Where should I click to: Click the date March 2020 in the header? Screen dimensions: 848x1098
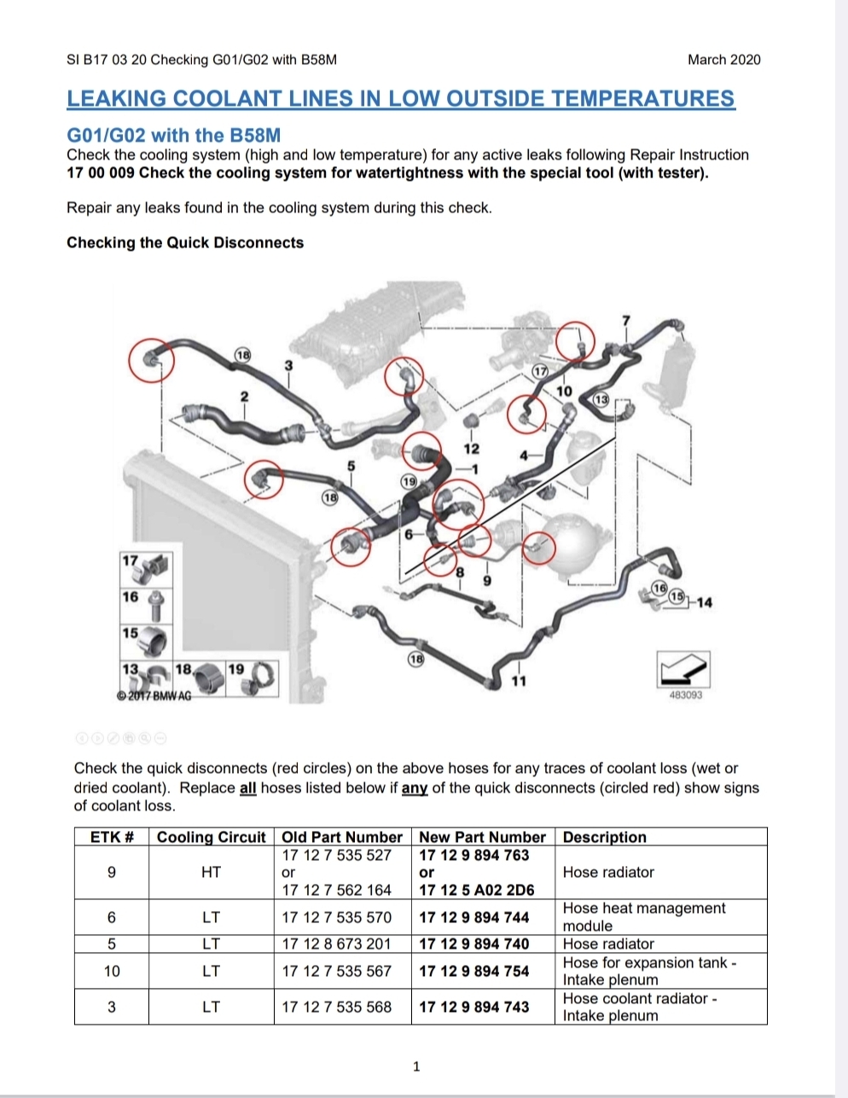tap(723, 60)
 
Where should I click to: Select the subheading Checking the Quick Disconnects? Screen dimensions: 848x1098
tap(185, 242)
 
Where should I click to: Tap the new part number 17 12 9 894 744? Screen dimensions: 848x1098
tap(473, 917)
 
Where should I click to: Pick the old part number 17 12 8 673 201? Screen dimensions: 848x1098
tap(336, 944)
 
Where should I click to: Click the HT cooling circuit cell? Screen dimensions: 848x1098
tap(211, 872)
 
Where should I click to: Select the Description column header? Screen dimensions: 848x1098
tap(605, 837)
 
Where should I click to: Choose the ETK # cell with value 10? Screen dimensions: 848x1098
tap(112, 971)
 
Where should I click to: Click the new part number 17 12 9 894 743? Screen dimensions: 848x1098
tap(473, 1007)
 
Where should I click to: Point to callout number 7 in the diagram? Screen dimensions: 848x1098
tap(626, 320)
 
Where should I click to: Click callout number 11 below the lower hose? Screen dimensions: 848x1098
tap(519, 681)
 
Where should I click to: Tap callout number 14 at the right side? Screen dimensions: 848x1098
tap(704, 602)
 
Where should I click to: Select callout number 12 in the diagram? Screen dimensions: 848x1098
tap(471, 449)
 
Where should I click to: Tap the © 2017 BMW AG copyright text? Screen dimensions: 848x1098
tap(154, 696)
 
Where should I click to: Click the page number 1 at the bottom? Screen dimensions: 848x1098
tap(416, 1066)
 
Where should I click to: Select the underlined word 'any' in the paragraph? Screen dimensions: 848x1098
tap(414, 787)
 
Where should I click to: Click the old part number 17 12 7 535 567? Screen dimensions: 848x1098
tap(336, 971)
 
